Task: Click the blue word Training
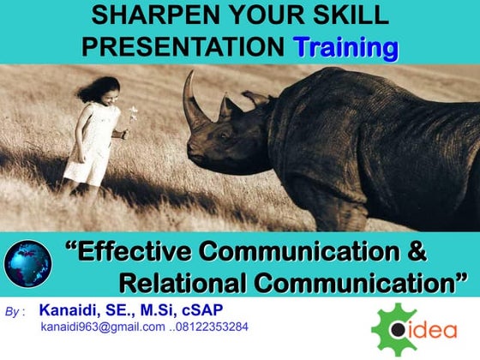pos(345,46)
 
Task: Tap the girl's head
pos(109,90)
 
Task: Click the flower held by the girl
pos(133,113)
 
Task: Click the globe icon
pos(27,262)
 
